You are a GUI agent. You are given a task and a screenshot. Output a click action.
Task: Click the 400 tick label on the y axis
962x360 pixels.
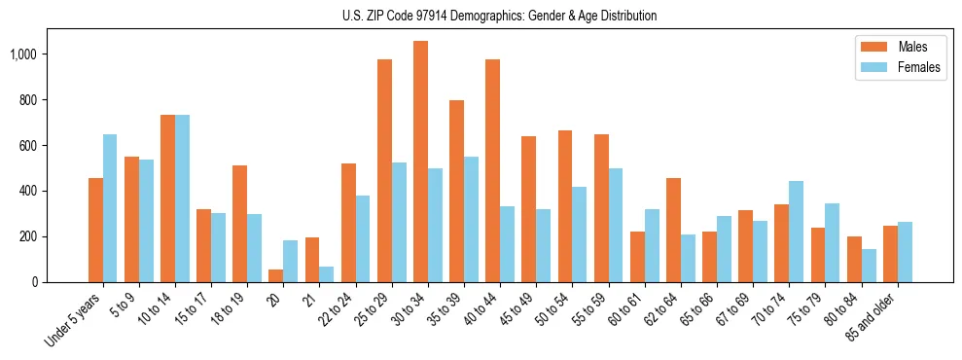pos(29,191)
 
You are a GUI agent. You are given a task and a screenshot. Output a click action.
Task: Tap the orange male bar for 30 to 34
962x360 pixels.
pos(420,162)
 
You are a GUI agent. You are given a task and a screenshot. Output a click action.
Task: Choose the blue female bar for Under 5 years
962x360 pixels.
pos(110,208)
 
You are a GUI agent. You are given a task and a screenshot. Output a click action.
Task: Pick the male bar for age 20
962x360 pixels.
pos(276,275)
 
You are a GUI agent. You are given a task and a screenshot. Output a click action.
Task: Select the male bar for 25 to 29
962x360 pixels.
pos(384,170)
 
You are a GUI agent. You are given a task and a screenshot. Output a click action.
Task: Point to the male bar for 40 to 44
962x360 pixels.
pos(492,170)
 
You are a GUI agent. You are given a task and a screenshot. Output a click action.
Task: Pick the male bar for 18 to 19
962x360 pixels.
pos(240,224)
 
